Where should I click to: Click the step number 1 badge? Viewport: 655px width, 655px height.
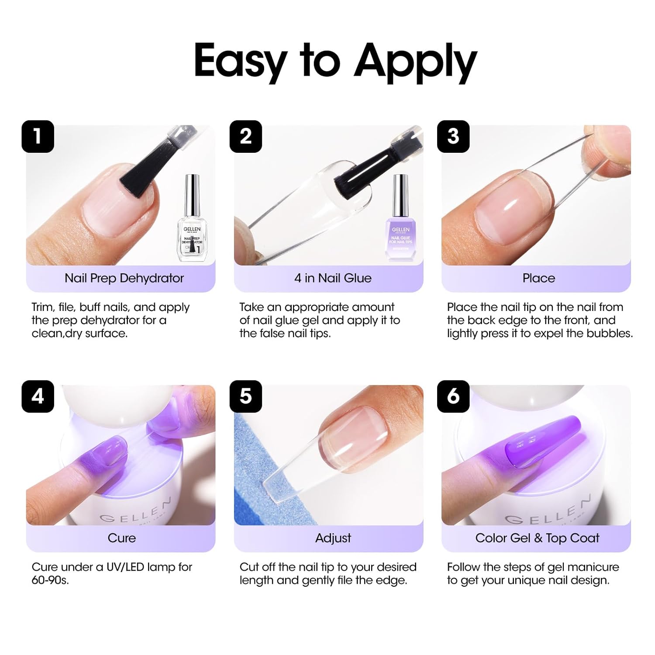38,136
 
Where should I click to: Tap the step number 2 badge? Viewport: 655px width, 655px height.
246,136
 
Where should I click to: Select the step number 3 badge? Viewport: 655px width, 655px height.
453,136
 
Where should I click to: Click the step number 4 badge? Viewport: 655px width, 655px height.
38,396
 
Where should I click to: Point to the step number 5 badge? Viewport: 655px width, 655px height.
246,396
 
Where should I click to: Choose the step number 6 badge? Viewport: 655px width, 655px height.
453,396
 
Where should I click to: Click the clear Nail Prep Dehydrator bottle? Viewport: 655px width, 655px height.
192,223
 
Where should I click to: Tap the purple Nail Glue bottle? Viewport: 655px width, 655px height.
400,223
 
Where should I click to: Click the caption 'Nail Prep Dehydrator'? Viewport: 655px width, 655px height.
124,278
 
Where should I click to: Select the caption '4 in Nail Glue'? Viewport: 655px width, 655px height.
333,278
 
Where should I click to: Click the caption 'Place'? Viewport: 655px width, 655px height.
538,278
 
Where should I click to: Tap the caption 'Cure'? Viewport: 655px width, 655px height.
121,538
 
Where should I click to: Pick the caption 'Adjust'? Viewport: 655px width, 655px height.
333,538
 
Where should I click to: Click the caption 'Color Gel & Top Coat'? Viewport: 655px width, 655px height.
537,538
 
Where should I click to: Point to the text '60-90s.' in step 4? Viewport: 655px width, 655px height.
50,580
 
